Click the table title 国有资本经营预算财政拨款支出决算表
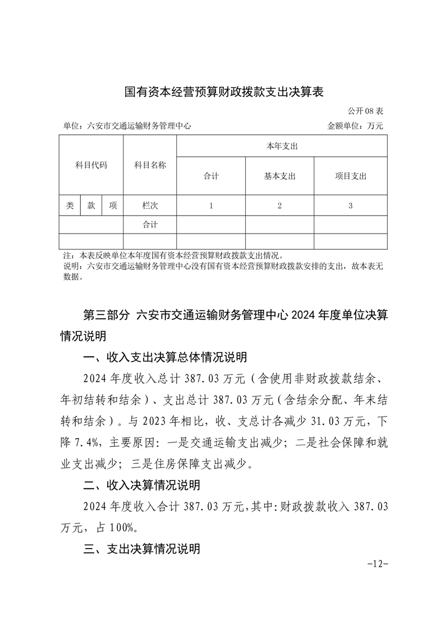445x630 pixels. [224, 92]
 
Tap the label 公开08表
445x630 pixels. [365, 111]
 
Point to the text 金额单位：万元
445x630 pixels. [355, 126]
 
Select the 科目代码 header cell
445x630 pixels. [91, 165]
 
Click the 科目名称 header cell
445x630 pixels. [150, 165]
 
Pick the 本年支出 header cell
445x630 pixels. [282, 146]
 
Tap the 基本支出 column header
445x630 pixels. [279, 176]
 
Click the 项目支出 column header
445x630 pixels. [350, 176]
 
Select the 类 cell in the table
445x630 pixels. [70, 206]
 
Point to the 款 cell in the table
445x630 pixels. [91, 206]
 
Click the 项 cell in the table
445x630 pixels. [113, 206]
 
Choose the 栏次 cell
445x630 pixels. [150, 206]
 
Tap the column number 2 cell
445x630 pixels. [279, 206]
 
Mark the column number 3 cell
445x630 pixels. [350, 206]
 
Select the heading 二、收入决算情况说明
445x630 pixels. [141, 485]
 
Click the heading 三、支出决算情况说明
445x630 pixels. [141, 549]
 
